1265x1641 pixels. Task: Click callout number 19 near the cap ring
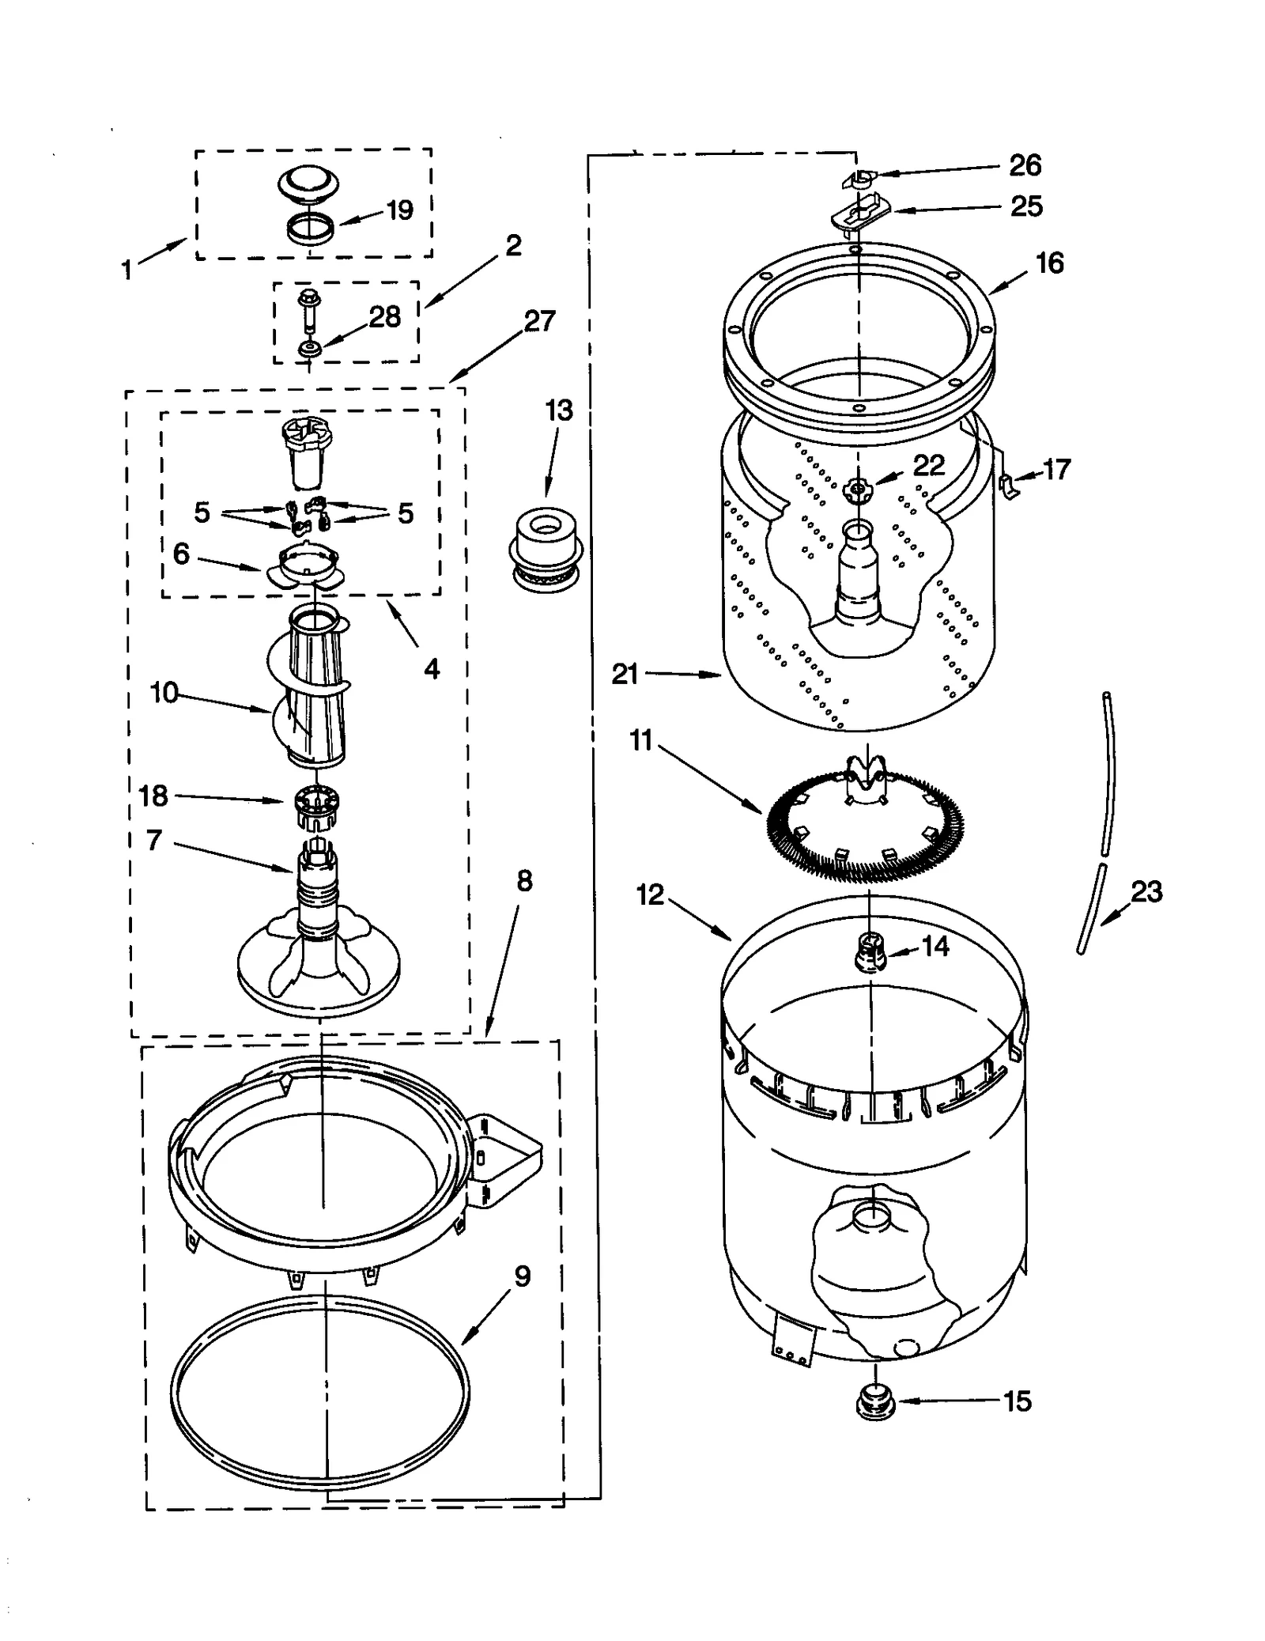click(399, 210)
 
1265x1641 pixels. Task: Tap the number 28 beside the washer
click(384, 317)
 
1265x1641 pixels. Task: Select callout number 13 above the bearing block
click(558, 410)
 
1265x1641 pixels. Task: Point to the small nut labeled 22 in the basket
click(855, 489)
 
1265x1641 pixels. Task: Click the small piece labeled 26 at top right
click(856, 179)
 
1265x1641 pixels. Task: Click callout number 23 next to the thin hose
click(1146, 892)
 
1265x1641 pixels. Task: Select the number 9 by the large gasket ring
click(522, 1276)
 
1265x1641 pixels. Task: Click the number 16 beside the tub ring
click(1049, 263)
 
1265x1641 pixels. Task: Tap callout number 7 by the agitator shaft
click(154, 840)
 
